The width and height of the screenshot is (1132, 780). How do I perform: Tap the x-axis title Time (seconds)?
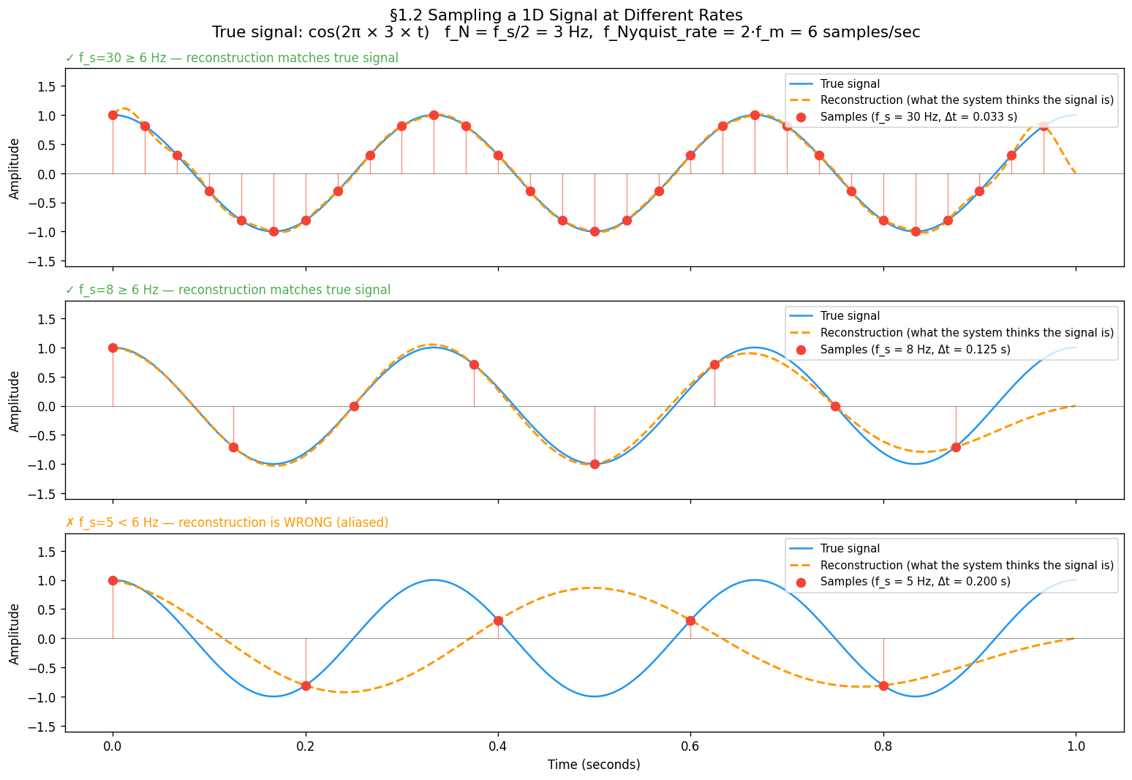[594, 765]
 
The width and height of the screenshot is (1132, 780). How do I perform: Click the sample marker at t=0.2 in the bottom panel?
[306, 686]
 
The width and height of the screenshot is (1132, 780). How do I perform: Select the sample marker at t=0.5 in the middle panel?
[595, 464]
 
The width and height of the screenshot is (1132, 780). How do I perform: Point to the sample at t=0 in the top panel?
[113, 115]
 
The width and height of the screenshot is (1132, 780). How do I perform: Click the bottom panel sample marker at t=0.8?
[883, 686]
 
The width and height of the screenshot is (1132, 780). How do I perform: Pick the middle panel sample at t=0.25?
[354, 406]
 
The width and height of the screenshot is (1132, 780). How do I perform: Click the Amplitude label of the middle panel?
[15, 400]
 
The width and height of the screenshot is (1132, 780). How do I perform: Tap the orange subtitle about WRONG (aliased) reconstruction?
[227, 522]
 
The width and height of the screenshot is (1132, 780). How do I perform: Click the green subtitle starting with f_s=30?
[232, 58]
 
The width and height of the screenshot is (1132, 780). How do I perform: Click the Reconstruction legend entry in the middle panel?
[966, 333]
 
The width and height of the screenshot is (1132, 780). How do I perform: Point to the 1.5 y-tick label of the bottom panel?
[48, 551]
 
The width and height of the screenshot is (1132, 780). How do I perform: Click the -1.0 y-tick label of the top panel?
[44, 232]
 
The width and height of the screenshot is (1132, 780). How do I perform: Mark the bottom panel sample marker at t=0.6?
[690, 620]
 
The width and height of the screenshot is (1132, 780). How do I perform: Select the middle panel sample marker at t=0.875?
[956, 447]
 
